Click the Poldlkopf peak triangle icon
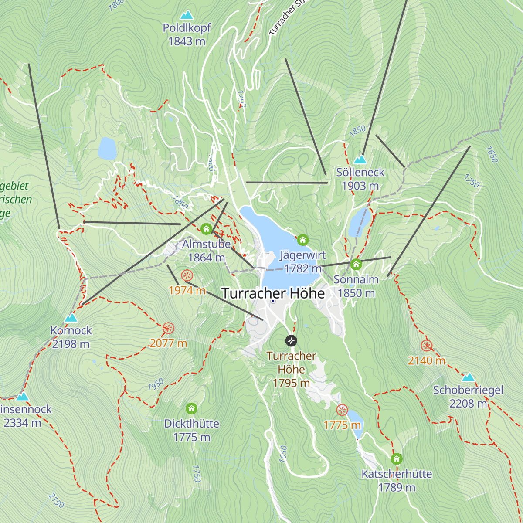(187, 15)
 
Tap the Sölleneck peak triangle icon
(360, 160)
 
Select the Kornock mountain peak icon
(71, 318)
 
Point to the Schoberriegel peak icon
(468, 377)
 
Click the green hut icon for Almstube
(206, 229)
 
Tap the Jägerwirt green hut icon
(302, 240)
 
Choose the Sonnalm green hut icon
(356, 264)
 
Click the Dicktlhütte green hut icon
(191, 408)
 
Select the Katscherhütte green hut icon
(396, 458)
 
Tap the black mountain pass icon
(291, 340)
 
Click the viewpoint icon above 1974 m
(187, 275)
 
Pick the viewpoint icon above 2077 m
(168, 328)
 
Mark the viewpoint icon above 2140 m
(427, 346)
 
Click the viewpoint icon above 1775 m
(342, 410)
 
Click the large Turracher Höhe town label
(273, 293)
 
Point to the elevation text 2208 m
(468, 404)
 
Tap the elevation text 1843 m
(187, 41)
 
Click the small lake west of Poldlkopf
(107, 149)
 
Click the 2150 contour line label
(56, 500)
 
